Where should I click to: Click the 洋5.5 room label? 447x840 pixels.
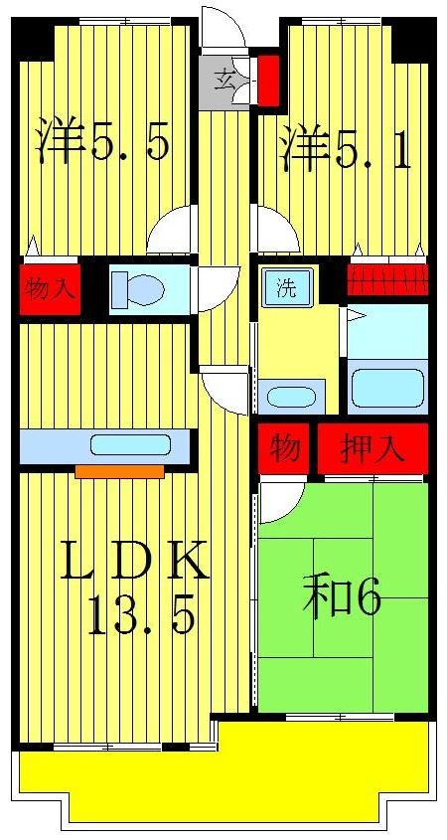[102, 142]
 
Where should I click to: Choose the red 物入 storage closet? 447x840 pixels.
[49, 289]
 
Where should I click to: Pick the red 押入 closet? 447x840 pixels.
[372, 447]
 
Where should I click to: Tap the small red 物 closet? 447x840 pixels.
[286, 447]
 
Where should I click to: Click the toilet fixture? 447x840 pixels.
[139, 289]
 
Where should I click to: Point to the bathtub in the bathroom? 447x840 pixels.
[387, 388]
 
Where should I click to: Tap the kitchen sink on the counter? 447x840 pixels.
[130, 445]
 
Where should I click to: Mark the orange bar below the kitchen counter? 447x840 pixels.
[119, 471]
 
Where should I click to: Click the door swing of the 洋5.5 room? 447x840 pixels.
[171, 234]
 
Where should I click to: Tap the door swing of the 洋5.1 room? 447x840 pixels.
[277, 232]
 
